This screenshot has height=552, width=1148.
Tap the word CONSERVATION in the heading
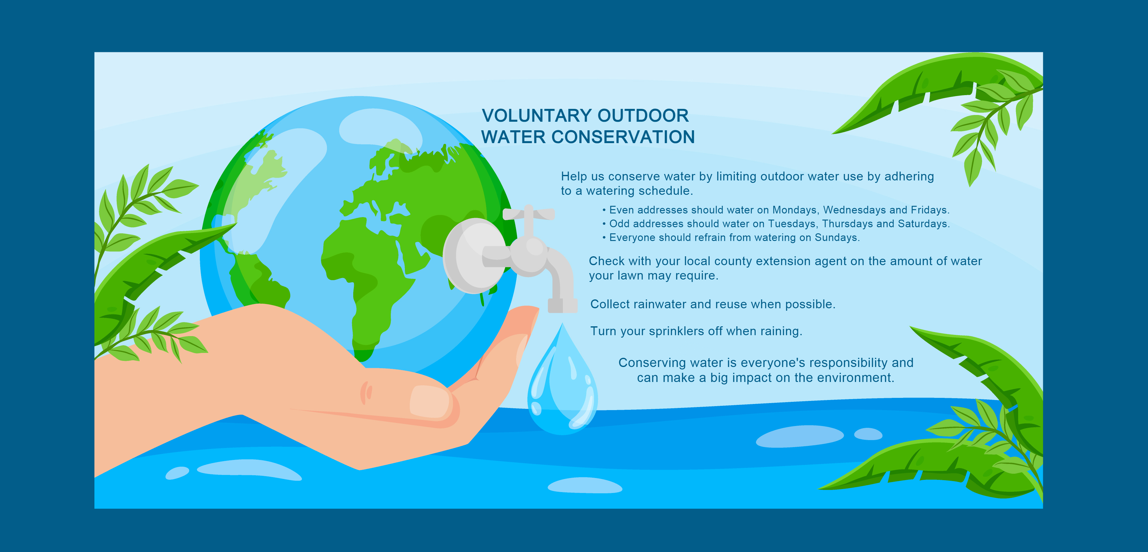click(623, 137)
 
